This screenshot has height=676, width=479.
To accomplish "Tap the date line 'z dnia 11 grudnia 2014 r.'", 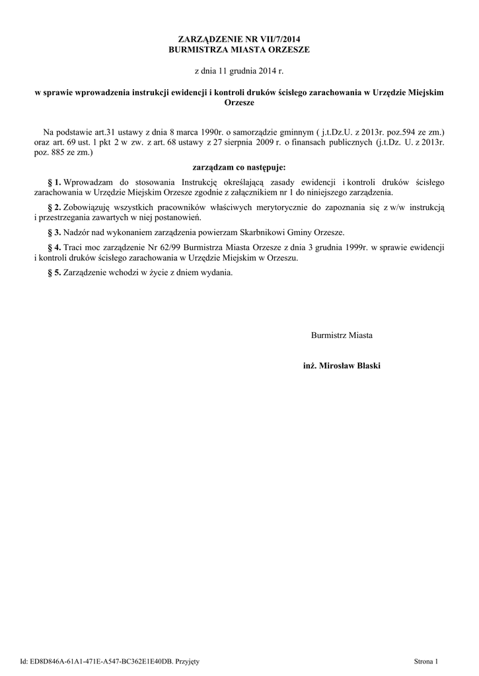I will pos(239,69).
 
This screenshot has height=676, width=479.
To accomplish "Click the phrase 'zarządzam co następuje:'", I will pos(239,167).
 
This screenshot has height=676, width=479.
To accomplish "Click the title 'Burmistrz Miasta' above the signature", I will pos(342,335).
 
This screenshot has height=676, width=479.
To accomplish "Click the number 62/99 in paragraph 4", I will pos(167,248).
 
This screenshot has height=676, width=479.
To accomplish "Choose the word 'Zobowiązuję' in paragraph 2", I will pos(86,208).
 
